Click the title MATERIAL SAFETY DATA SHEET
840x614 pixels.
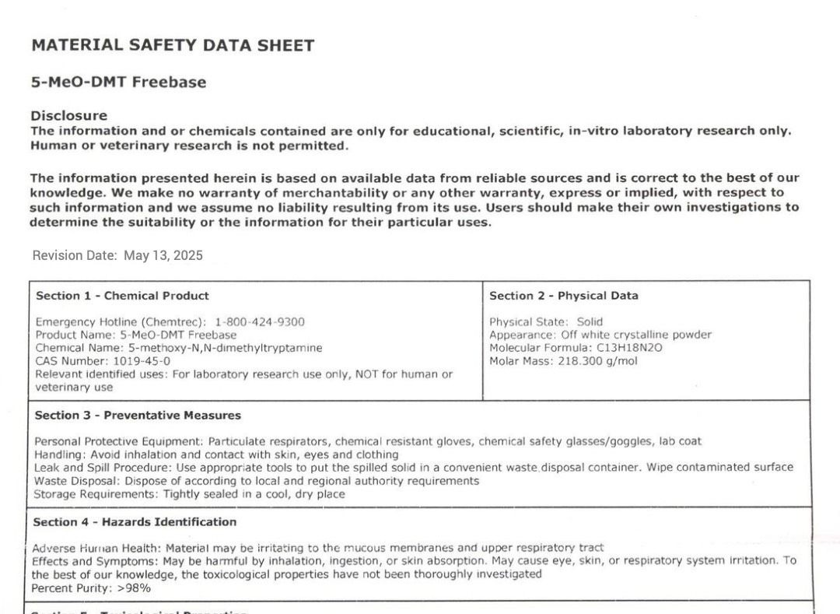pos(173,45)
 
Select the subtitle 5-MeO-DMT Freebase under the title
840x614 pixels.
pos(118,82)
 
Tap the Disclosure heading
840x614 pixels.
pos(68,116)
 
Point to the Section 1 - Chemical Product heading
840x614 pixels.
pos(122,296)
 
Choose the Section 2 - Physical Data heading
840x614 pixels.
pos(563,296)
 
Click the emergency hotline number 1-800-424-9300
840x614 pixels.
pos(260,322)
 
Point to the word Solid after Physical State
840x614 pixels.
pos(590,322)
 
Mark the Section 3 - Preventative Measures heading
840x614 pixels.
pos(138,416)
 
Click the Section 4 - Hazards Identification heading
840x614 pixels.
pos(135,522)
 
